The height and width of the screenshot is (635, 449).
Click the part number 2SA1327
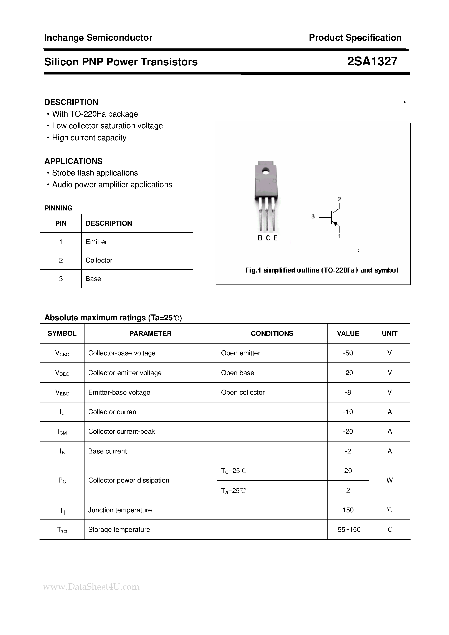(x=372, y=61)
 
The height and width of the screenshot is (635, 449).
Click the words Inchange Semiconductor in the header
(x=98, y=38)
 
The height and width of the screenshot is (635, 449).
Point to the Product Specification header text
(x=355, y=38)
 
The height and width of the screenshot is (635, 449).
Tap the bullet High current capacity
(x=89, y=138)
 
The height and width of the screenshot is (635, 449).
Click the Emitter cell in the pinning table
(x=96, y=242)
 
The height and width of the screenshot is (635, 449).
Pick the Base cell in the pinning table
(x=93, y=279)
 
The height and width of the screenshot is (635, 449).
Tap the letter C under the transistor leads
(x=268, y=238)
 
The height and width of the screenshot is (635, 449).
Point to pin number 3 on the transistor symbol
(x=313, y=216)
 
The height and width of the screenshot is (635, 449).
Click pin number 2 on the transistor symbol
(x=339, y=199)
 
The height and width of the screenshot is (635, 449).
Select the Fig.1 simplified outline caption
(x=321, y=270)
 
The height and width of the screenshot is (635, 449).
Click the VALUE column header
(x=348, y=333)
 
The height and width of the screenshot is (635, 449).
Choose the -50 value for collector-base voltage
(x=348, y=353)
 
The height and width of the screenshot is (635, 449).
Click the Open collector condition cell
(x=243, y=392)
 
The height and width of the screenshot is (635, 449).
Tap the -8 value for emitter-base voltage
(x=348, y=392)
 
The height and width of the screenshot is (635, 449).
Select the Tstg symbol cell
(x=62, y=530)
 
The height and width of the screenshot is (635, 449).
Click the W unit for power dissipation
(x=389, y=480)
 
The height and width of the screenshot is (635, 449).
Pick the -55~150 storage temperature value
(x=348, y=530)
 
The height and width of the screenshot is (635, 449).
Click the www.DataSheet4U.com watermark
(x=91, y=587)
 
